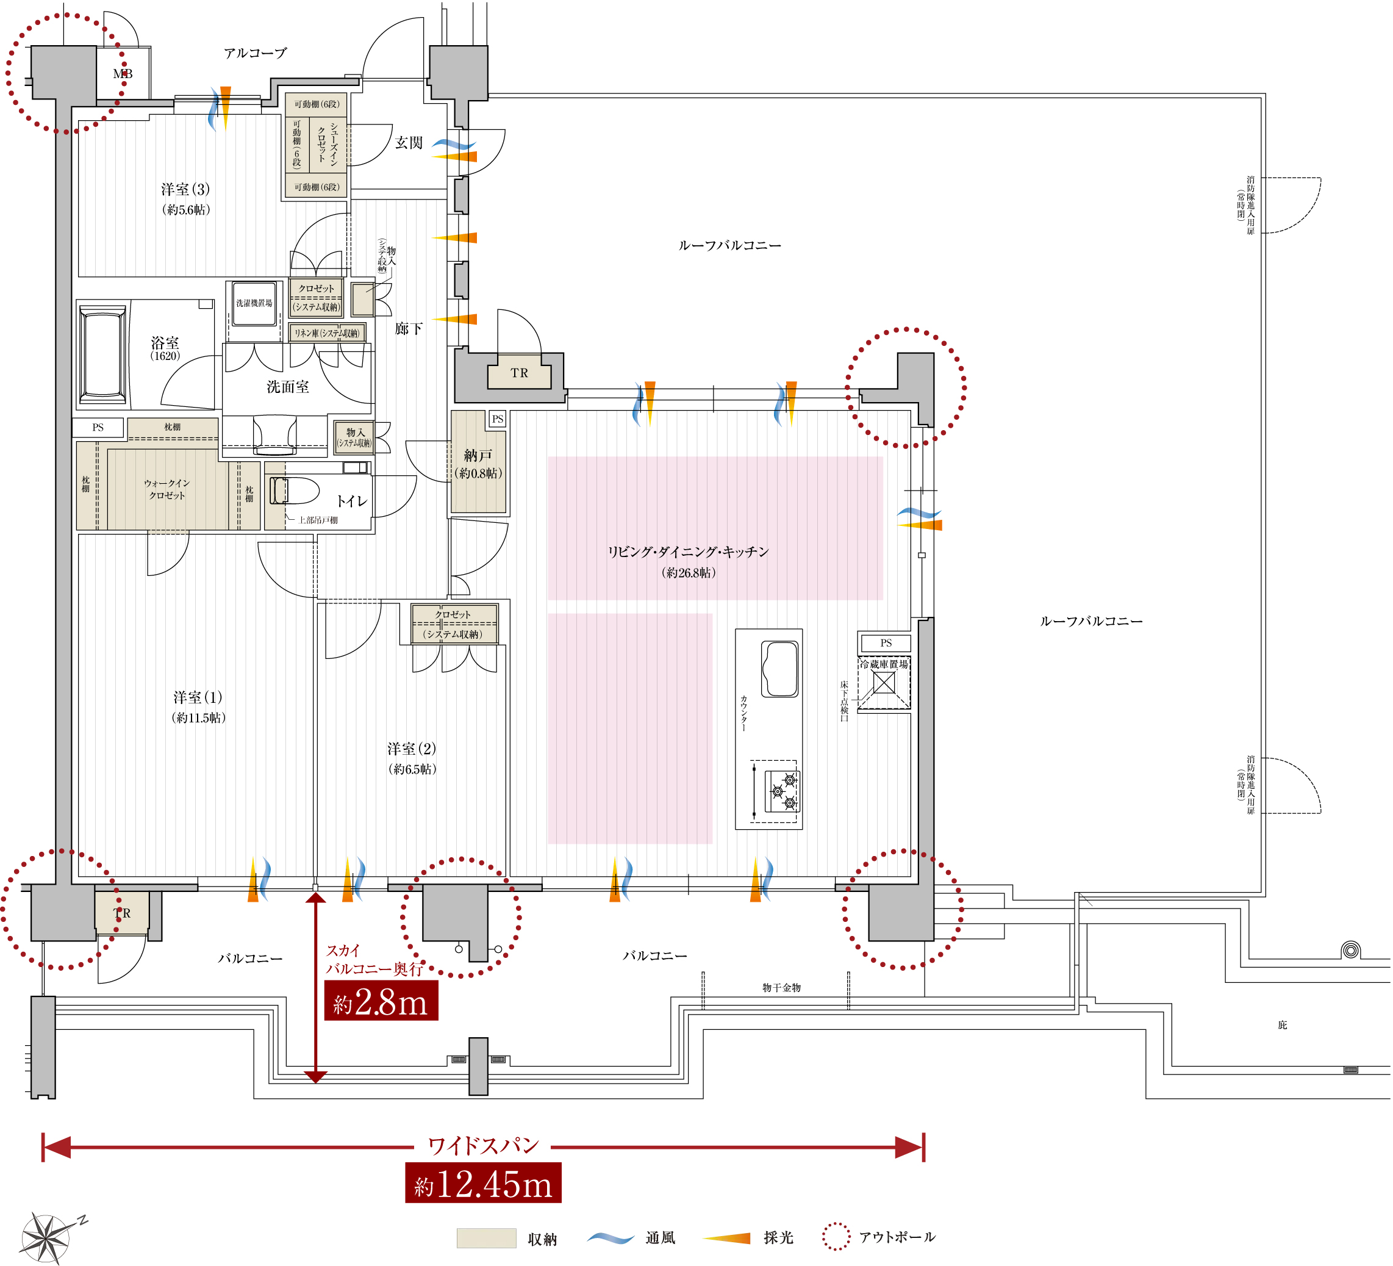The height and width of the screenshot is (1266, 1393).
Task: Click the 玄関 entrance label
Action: [x=409, y=143]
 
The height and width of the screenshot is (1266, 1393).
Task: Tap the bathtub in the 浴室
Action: [x=103, y=354]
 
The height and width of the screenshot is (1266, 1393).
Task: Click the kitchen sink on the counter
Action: [x=779, y=668]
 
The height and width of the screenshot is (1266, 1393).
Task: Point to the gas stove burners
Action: [x=782, y=791]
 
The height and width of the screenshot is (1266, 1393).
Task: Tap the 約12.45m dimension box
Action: [x=483, y=1184]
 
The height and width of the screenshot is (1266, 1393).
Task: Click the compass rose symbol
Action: [x=46, y=1239]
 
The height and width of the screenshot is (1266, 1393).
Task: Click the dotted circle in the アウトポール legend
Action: [x=836, y=1237]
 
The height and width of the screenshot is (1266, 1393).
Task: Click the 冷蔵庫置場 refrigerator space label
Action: [x=884, y=664]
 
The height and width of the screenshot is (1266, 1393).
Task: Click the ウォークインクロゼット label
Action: [x=167, y=489]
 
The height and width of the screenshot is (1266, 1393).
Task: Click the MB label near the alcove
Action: [x=123, y=74]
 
